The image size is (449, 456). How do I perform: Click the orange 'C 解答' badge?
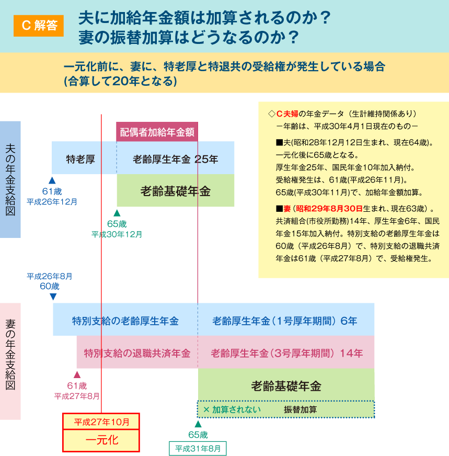point(38,26)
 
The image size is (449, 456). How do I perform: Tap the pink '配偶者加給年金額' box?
point(157,132)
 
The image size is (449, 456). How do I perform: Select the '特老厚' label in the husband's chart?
point(80,159)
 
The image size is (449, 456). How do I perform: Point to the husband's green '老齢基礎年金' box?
point(176,190)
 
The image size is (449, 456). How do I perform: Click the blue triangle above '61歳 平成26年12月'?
point(52,180)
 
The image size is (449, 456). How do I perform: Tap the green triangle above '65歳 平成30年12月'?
point(117,213)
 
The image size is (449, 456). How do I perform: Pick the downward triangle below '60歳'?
point(53,297)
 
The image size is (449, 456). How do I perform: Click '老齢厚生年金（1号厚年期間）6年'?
point(285,321)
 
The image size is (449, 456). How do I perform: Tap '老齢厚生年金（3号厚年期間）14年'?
point(286,354)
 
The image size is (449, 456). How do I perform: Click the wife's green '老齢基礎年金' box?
point(286,385)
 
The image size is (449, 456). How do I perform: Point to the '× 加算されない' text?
point(232,409)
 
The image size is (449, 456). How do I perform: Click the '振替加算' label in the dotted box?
point(300,409)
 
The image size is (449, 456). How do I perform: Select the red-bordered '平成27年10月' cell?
point(101,421)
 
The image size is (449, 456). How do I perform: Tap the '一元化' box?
point(101,440)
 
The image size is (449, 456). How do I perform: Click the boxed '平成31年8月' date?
point(198,449)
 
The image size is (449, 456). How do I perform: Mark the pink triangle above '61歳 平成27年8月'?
point(77,374)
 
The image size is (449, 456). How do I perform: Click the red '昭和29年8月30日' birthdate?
point(329,209)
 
